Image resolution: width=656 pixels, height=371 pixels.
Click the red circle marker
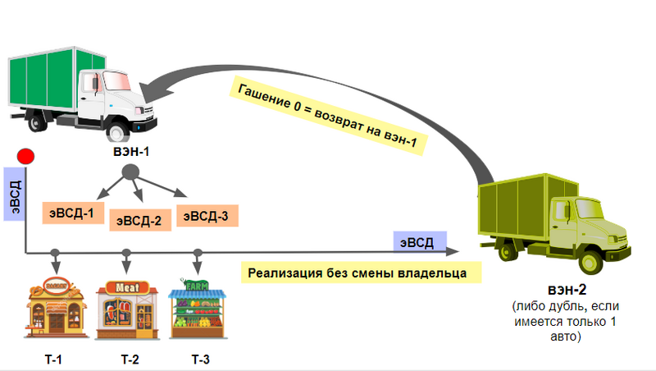[x=25, y=156]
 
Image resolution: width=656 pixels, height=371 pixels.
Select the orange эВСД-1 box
[x=69, y=215]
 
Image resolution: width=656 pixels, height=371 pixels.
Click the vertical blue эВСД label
[x=15, y=195]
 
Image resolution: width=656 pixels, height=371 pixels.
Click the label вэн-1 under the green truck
[x=129, y=153]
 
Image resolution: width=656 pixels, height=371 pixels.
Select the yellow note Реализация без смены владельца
[x=358, y=272]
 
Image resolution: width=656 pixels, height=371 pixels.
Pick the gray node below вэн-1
[x=130, y=172]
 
